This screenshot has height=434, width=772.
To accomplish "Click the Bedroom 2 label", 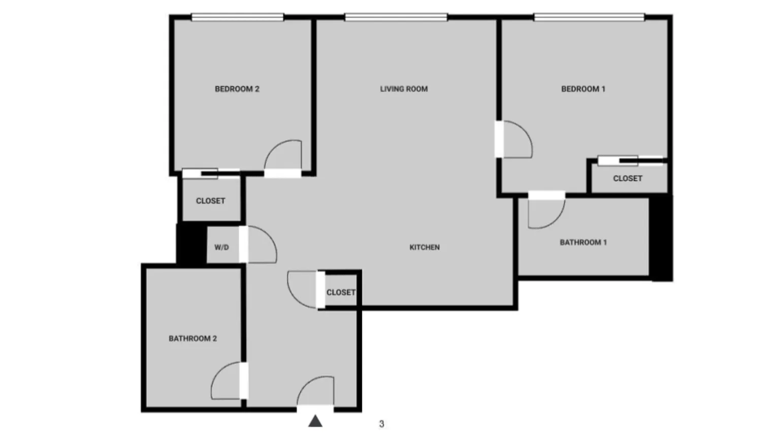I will pyautogui.click(x=237, y=89).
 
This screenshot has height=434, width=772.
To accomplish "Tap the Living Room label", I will pyautogui.click(x=404, y=89).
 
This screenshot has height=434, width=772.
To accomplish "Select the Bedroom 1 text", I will pyautogui.click(x=583, y=89).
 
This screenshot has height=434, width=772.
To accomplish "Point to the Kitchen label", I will pyautogui.click(x=425, y=247).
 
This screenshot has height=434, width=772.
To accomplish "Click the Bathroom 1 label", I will pyautogui.click(x=583, y=242).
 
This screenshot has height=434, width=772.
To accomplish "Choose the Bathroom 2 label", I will pyautogui.click(x=192, y=339).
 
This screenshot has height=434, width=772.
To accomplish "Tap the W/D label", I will pyautogui.click(x=221, y=247).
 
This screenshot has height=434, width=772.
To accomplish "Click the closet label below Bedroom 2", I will pyautogui.click(x=210, y=201).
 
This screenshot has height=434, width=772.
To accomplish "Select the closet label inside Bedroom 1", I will pyautogui.click(x=627, y=178).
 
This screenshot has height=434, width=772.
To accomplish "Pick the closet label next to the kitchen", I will pyautogui.click(x=340, y=292).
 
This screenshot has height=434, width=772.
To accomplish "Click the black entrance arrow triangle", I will pyautogui.click(x=315, y=421).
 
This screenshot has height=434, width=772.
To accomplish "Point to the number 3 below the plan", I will pyautogui.click(x=381, y=424).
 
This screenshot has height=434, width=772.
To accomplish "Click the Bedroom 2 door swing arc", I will pyautogui.click(x=284, y=152).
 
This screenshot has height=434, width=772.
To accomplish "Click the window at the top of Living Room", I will pyautogui.click(x=396, y=18).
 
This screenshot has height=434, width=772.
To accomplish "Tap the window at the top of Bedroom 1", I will pyautogui.click(x=589, y=18).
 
